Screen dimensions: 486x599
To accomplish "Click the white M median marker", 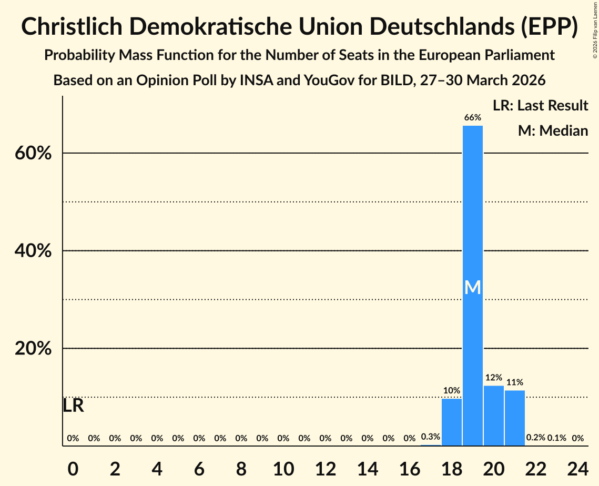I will pos(472,287).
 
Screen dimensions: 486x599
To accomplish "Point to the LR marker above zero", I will pos(73,406).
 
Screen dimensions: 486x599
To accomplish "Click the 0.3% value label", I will pos(430,437).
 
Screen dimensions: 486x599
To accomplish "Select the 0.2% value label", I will pos(535,438).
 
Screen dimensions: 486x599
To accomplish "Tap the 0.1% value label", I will pos(556,438).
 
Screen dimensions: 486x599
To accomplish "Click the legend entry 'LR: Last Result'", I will pos(540,106).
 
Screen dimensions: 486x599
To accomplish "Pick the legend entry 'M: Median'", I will pos(553,130).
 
